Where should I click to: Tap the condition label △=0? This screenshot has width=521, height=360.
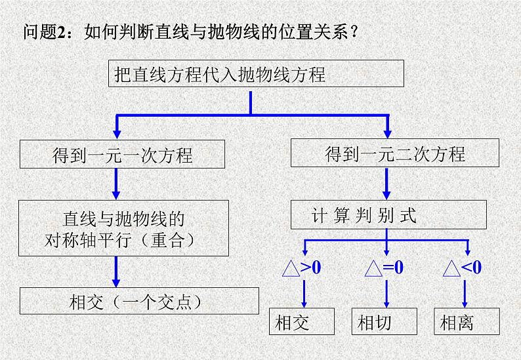[x=385, y=268]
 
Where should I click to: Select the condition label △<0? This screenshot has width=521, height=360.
[x=463, y=268]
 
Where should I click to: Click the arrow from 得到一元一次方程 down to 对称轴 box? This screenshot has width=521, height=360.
[x=116, y=184]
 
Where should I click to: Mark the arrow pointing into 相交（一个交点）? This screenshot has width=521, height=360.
[x=116, y=271]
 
